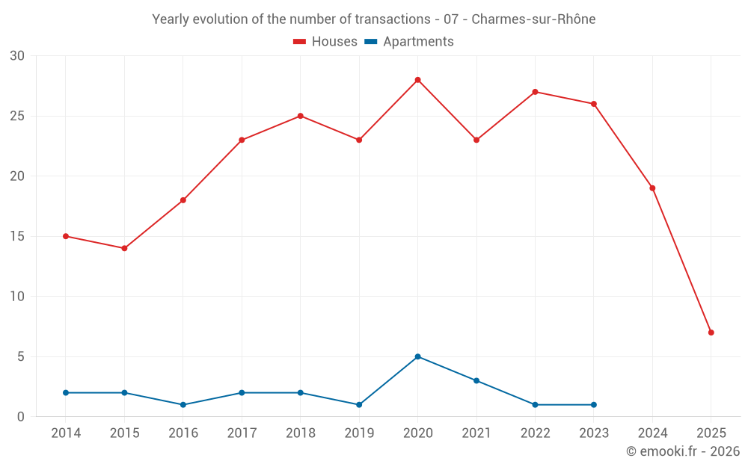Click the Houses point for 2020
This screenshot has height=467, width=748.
point(417,80)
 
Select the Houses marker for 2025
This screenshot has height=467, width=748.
point(711,333)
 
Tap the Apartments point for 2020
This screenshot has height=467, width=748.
point(417,356)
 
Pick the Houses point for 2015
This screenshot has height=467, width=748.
point(124,248)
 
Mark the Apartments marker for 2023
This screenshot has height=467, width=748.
point(594,405)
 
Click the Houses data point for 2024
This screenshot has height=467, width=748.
point(652,188)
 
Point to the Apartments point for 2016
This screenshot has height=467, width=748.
point(183,405)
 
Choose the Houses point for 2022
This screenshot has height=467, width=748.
point(535,92)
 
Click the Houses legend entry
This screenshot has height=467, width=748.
point(325,42)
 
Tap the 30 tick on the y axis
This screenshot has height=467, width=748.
point(17,56)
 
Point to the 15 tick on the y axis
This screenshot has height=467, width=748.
point(17,236)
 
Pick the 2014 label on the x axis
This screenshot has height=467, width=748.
point(66,433)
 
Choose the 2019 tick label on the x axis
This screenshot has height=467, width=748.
point(359,433)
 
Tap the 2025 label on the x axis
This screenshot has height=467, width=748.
point(711,433)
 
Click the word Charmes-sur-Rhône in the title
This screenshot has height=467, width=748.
point(533,19)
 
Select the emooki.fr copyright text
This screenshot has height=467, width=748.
point(683,451)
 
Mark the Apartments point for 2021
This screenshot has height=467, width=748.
point(476,380)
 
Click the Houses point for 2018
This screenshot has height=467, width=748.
point(300,116)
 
